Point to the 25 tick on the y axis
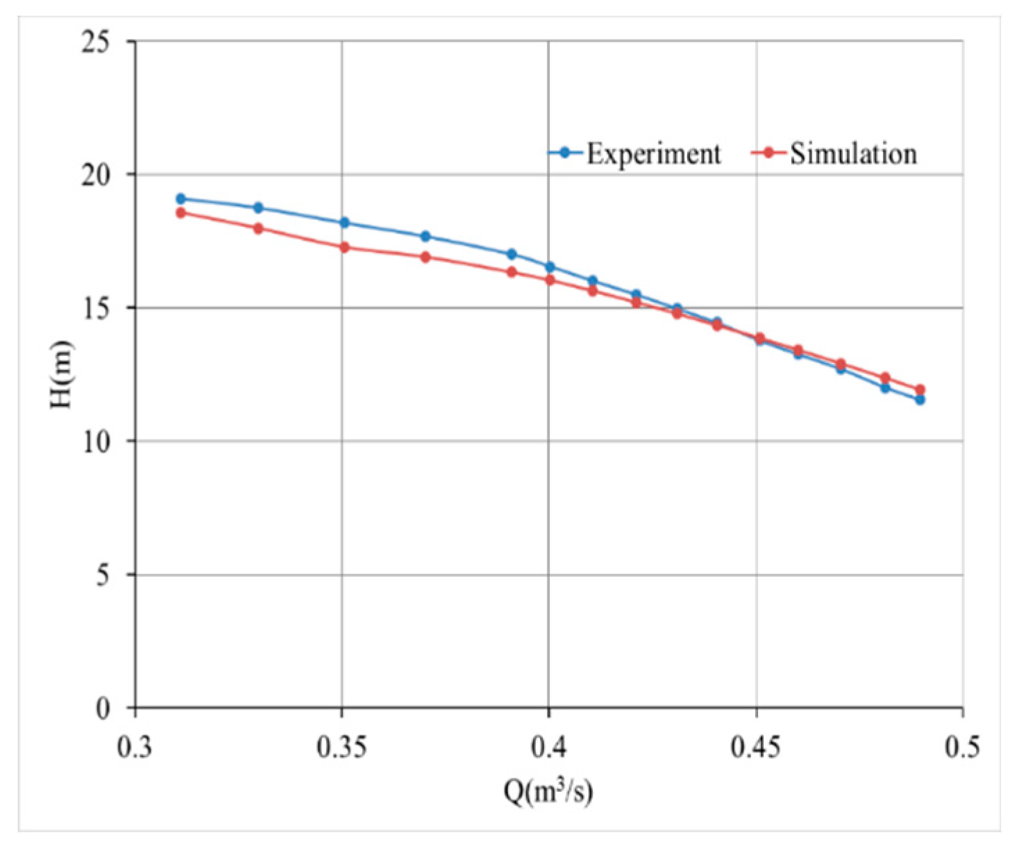point(96,42)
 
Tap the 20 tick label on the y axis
point(96,175)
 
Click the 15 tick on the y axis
point(96,308)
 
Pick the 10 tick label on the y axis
point(96,441)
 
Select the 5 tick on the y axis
point(103,575)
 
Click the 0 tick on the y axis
point(103,709)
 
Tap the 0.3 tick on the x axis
point(135,748)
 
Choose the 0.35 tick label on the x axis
point(342,748)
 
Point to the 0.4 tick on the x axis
point(548,748)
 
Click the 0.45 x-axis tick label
point(756,748)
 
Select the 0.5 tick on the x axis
point(963,748)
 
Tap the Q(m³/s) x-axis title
point(548,791)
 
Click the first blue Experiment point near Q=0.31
point(180,199)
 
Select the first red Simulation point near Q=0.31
point(180,212)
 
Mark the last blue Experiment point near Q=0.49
point(920,399)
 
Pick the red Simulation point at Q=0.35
point(344,247)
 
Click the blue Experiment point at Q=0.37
point(426,236)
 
